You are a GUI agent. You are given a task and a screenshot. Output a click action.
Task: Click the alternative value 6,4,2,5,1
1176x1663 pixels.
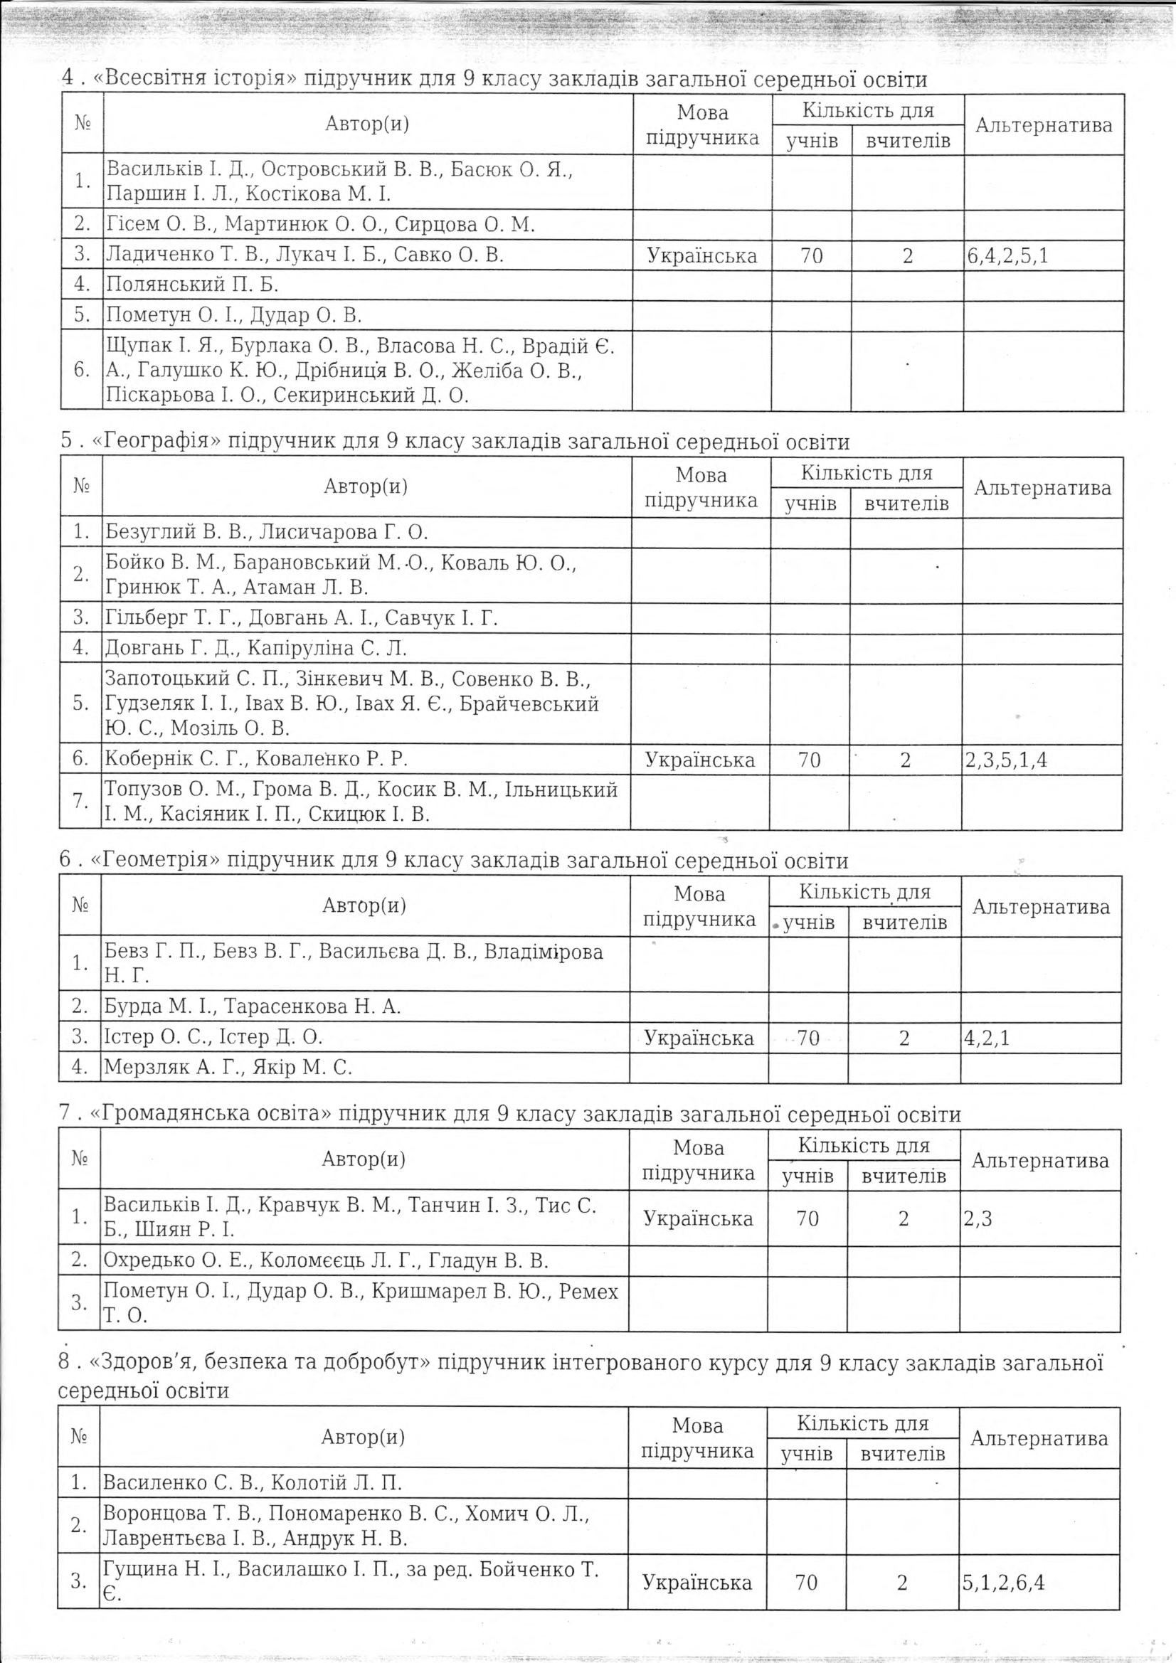click(1007, 255)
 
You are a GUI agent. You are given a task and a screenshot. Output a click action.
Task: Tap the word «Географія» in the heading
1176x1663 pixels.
click(157, 441)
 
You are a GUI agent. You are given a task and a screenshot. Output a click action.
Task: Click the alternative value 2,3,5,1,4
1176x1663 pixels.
click(1006, 760)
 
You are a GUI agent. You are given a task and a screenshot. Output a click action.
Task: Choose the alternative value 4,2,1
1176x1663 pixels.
click(986, 1038)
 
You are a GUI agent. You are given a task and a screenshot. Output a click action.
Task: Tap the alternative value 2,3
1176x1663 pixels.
click(978, 1218)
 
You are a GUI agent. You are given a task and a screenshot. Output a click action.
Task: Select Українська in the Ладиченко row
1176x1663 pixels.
click(701, 255)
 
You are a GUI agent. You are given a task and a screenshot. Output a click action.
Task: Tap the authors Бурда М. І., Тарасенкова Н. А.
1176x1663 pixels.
click(252, 1006)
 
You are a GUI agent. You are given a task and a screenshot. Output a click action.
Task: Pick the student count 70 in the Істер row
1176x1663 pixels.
click(808, 1038)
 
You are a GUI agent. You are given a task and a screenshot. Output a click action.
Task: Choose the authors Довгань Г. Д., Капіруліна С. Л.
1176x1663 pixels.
click(256, 647)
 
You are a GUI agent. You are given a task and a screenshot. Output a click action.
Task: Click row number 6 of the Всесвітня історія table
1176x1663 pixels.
click(82, 370)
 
